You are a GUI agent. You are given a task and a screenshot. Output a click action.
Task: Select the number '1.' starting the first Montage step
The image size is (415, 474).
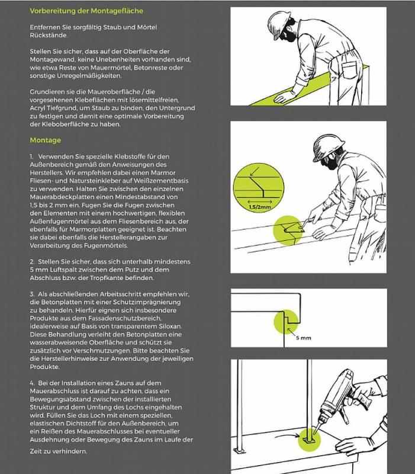(32, 155)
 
